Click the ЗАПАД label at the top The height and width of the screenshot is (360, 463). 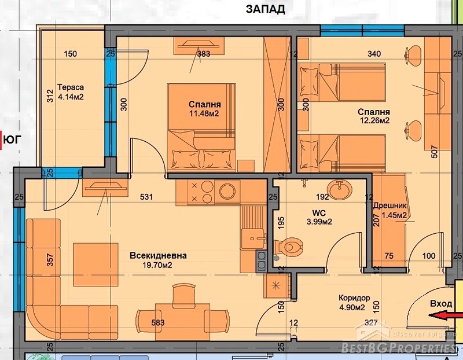(x=266, y=9)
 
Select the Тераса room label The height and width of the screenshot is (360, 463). (x=71, y=87)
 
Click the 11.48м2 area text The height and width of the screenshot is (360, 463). (x=204, y=113)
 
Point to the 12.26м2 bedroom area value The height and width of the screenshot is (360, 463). (x=374, y=120)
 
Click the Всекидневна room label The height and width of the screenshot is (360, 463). (x=158, y=255)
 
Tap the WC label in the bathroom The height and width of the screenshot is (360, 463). (x=319, y=212)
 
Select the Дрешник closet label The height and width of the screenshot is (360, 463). (x=389, y=206)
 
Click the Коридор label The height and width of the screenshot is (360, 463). (x=354, y=298)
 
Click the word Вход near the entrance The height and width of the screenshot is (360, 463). (x=441, y=304)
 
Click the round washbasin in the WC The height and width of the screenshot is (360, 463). (x=340, y=189)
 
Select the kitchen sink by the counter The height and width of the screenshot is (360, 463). (x=253, y=239)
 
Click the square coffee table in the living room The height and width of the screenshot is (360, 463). (x=95, y=265)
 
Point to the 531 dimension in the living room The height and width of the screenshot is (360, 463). (x=146, y=197)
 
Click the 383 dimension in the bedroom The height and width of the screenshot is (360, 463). (x=204, y=54)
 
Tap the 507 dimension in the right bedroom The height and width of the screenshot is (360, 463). (x=435, y=152)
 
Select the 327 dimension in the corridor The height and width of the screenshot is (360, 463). (x=371, y=323)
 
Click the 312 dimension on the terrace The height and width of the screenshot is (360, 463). (x=50, y=95)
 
